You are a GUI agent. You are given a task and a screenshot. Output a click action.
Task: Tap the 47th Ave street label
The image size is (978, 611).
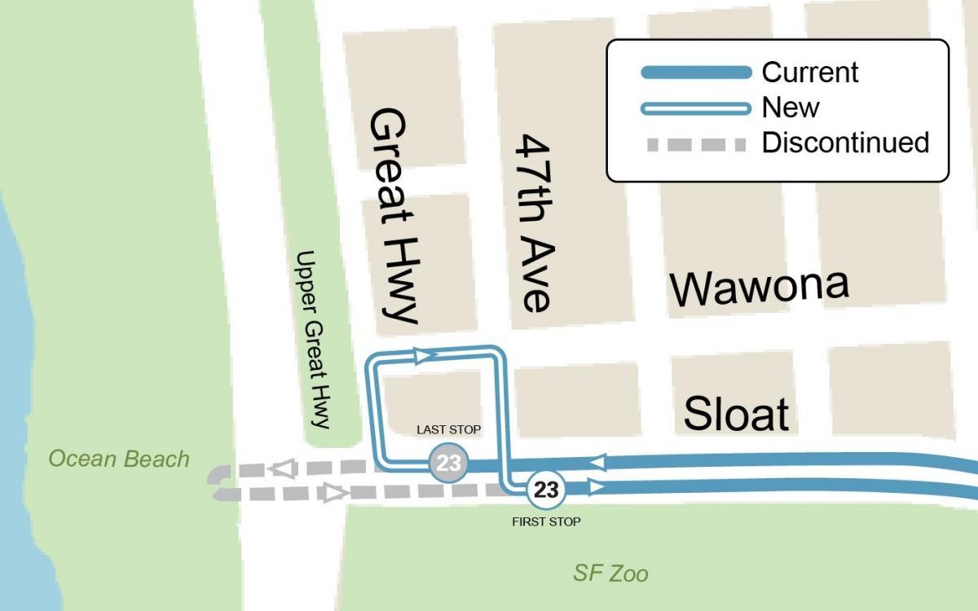(x=535, y=223)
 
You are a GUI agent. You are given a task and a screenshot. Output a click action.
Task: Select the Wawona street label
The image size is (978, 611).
(x=759, y=287)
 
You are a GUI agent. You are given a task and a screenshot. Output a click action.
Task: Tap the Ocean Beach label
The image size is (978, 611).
(x=119, y=459)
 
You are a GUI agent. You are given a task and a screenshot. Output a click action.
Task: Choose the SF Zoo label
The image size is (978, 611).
(x=610, y=574)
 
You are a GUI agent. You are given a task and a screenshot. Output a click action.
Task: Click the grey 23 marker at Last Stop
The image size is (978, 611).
(x=448, y=464)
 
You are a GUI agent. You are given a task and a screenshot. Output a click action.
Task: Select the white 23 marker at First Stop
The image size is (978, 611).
(x=546, y=490)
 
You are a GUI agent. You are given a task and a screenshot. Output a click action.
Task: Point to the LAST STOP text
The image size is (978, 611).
(x=448, y=429)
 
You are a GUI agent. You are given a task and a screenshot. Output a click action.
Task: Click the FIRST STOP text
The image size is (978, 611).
(x=546, y=521)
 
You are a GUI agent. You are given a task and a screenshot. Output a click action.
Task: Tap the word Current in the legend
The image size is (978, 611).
(x=809, y=73)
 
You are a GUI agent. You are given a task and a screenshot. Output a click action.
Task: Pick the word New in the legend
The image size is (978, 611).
(x=791, y=108)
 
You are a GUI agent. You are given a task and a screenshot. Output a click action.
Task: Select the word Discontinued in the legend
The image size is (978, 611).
(x=845, y=143)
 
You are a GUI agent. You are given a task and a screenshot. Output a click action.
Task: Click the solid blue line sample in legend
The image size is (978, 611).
(x=696, y=73)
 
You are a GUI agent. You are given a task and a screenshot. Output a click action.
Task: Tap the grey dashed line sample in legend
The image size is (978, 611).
(x=696, y=145)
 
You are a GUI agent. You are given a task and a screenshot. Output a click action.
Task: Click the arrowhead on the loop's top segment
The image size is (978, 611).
(x=422, y=354)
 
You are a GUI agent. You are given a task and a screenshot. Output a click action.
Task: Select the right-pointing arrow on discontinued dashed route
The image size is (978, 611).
(x=333, y=492)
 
